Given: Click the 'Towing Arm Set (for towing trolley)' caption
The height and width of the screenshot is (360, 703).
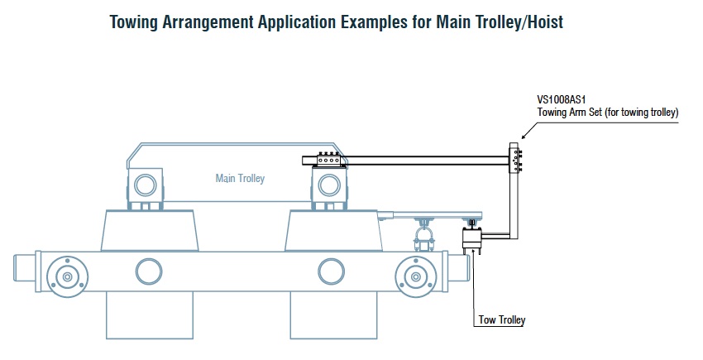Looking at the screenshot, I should pyautogui.click(x=608, y=112).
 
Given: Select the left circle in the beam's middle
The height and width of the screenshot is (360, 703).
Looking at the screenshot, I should pyautogui.click(x=149, y=271).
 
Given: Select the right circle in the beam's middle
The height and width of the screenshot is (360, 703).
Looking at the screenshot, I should pyautogui.click(x=331, y=271).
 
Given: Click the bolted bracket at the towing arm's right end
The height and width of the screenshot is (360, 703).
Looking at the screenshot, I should pyautogui.click(x=516, y=159).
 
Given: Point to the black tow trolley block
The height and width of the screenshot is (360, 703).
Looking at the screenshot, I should pyautogui.click(x=471, y=240).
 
